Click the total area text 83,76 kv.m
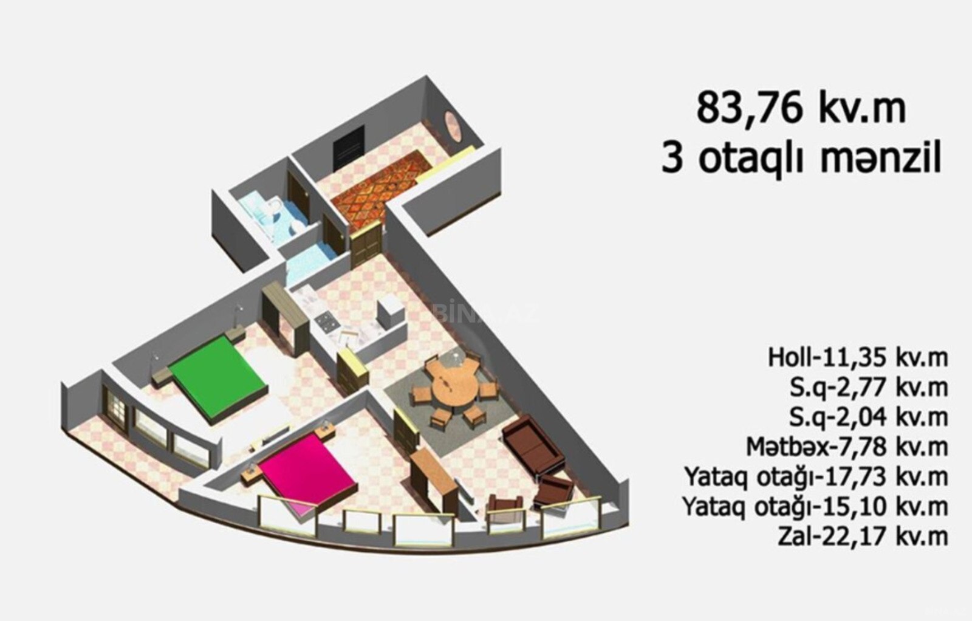[x=801, y=109]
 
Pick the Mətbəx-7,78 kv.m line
[x=847, y=447]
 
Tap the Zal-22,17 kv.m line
[x=863, y=537]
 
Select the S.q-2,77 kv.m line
[x=869, y=388]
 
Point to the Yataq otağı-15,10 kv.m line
[x=815, y=507]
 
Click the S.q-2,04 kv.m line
[x=869, y=417]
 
